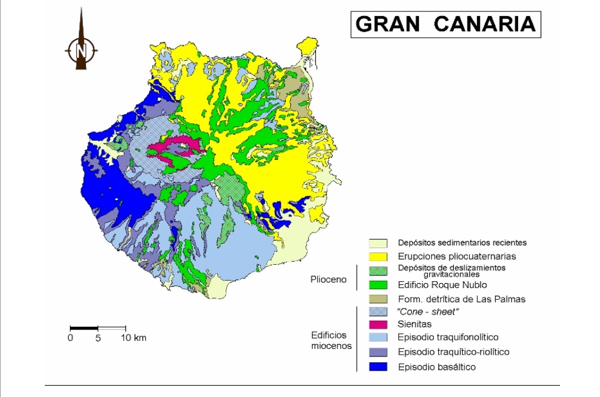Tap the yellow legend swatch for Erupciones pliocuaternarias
(379, 256)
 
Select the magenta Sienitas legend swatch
(379, 324)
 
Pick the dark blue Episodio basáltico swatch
(379, 367)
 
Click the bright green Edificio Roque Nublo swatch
(379, 285)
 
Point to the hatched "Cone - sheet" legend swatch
(379, 311)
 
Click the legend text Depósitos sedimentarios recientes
(462, 243)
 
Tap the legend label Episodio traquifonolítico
(448, 337)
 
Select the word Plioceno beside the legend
(328, 279)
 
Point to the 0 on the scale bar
(70, 339)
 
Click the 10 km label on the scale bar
(134, 339)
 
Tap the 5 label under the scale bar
(98, 339)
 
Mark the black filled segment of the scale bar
(84, 328)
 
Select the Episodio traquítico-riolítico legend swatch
(379, 352)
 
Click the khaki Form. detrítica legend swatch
(379, 299)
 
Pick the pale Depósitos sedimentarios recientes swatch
(379, 243)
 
